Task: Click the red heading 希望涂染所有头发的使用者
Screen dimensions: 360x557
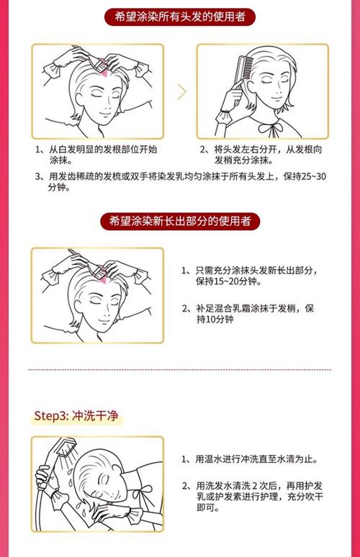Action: tap(180, 17)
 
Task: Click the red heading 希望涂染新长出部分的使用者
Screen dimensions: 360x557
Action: tap(180, 221)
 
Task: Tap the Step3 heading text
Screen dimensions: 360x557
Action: tap(76, 416)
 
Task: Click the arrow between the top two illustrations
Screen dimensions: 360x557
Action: tap(182, 92)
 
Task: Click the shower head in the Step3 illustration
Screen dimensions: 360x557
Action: tap(66, 447)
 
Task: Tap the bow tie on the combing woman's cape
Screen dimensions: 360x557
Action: tap(271, 129)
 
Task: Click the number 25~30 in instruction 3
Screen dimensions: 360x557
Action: tap(313, 176)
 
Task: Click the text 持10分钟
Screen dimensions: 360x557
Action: tap(215, 319)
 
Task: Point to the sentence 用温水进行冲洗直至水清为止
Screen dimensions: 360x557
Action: tap(256, 459)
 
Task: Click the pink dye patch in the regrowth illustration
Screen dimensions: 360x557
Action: tap(104, 276)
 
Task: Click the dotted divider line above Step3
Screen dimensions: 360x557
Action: tap(180, 370)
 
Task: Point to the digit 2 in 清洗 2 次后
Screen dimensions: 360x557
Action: tap(254, 486)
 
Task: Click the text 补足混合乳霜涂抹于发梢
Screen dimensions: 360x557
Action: tap(246, 308)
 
